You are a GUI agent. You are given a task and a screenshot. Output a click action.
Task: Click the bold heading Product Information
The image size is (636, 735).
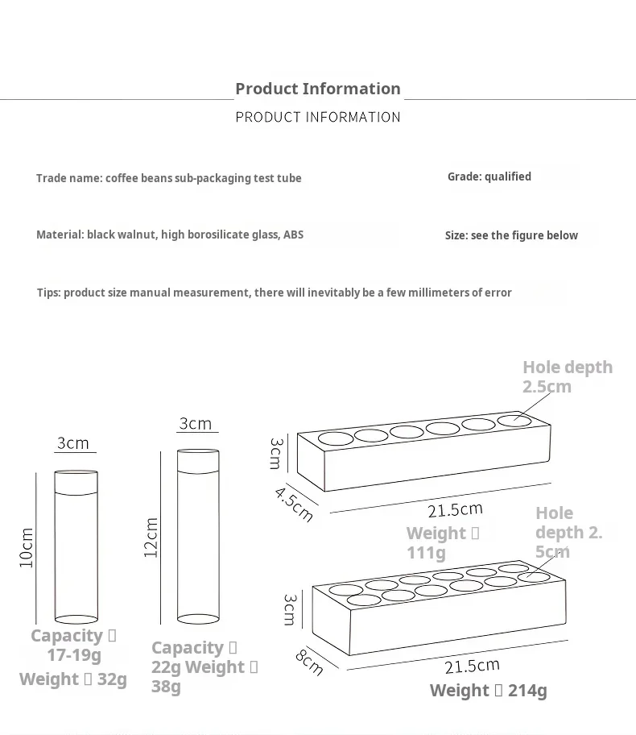pyautogui.click(x=318, y=89)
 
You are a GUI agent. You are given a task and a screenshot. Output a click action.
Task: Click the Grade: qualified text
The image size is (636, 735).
pyautogui.click(x=489, y=176)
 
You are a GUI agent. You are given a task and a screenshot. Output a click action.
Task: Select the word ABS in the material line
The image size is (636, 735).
pyautogui.click(x=293, y=235)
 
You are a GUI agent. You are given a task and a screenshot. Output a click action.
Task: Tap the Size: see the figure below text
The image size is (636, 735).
pyautogui.click(x=511, y=235)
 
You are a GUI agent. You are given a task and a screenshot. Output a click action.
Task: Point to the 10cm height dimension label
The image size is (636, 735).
pyautogui.click(x=27, y=547)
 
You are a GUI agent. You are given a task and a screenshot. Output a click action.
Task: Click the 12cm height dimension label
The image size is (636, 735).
pyautogui.click(x=151, y=538)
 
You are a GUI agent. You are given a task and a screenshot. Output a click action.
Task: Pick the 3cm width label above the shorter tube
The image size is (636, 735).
pyautogui.click(x=73, y=443)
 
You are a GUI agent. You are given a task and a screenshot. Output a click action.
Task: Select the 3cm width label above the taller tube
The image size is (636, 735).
pyautogui.click(x=196, y=424)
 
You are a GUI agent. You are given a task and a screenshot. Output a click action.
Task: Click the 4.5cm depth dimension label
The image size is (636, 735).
pyautogui.click(x=294, y=505)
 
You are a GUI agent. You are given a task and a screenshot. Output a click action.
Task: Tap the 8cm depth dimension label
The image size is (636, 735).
pyautogui.click(x=309, y=662)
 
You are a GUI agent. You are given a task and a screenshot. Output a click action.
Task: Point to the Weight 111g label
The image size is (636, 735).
pyautogui.click(x=443, y=543)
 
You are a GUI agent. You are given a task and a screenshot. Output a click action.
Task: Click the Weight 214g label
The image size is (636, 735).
pyautogui.click(x=489, y=691)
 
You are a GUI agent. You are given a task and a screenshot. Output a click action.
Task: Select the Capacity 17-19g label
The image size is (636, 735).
pyautogui.click(x=73, y=645)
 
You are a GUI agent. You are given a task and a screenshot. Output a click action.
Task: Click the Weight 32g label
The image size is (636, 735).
pyautogui.click(x=73, y=679)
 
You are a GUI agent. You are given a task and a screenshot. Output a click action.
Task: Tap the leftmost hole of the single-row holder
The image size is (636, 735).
pyautogui.click(x=336, y=438)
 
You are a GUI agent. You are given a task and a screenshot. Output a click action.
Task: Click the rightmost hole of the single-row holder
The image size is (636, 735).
pyautogui.click(x=514, y=421)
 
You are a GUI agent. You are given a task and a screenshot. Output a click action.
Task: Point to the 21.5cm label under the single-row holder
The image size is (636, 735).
pyautogui.click(x=455, y=510)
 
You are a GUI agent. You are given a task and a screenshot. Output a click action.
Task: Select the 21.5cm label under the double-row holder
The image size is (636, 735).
pyautogui.click(x=472, y=666)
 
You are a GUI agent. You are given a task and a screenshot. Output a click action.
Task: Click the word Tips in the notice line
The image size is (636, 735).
pyautogui.click(x=48, y=293)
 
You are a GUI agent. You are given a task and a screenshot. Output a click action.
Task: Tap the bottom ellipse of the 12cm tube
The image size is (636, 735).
pyautogui.click(x=198, y=619)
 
